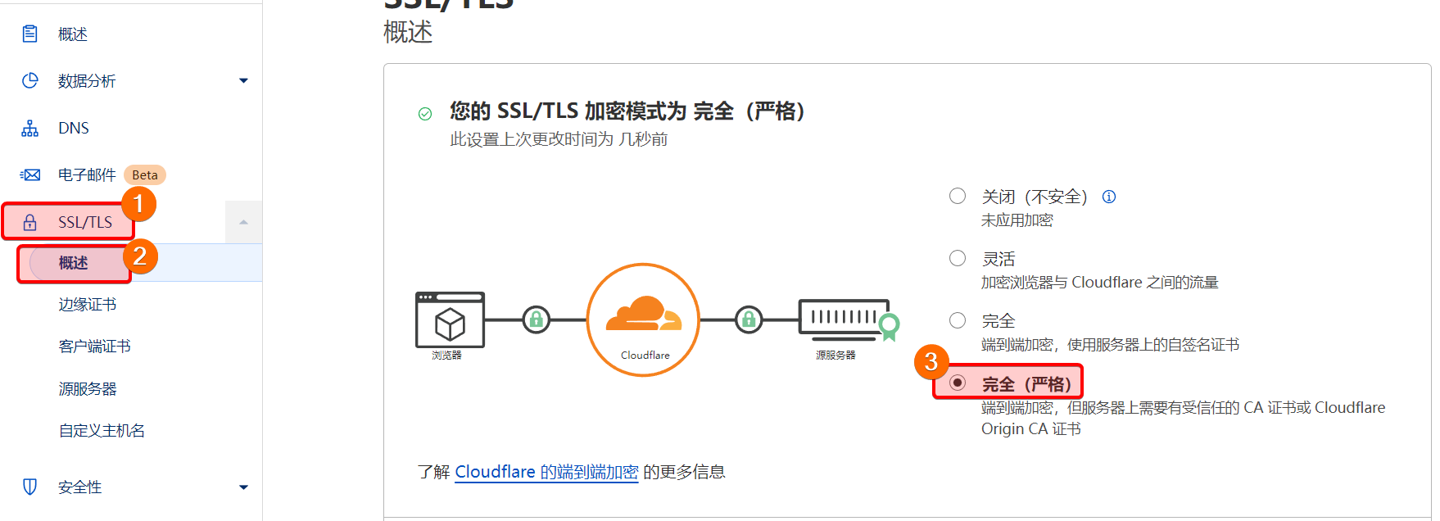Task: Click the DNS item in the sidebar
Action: point(73,129)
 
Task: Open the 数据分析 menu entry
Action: point(87,81)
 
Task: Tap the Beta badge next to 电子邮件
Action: point(145,175)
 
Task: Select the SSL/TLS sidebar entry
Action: point(84,223)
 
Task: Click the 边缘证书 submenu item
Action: point(88,305)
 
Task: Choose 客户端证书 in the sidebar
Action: point(95,347)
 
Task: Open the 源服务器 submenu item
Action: point(88,389)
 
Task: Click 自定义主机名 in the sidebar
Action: point(102,431)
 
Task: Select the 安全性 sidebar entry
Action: point(80,487)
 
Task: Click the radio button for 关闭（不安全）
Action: point(958,196)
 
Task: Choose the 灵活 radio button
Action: point(958,258)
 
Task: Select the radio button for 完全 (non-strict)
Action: point(958,320)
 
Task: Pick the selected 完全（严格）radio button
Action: point(958,383)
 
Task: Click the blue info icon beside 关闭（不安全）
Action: point(1109,197)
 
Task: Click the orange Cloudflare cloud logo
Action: point(644,315)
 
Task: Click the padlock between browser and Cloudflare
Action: point(537,319)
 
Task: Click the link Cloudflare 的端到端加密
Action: point(546,473)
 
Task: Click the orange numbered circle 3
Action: point(931,361)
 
